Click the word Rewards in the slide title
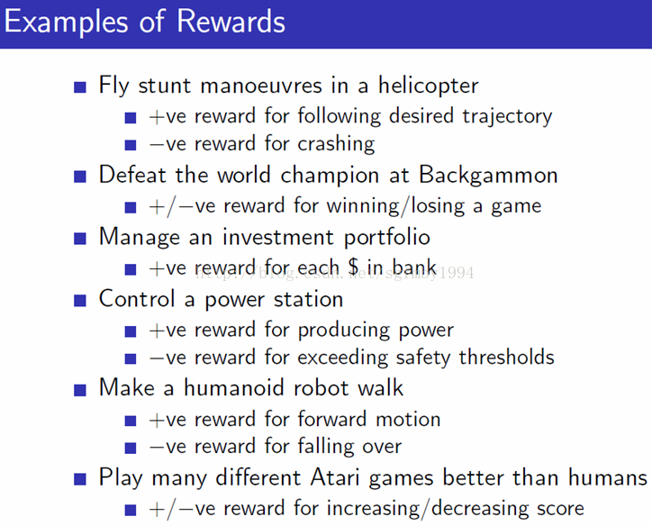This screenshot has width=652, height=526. (231, 21)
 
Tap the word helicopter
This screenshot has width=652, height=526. (429, 86)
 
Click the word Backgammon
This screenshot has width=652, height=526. (488, 176)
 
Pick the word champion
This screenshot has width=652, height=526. (330, 176)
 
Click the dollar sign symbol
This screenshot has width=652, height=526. (353, 268)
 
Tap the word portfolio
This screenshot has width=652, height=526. (387, 238)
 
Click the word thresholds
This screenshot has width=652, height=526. (506, 358)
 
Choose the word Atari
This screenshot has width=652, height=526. (335, 477)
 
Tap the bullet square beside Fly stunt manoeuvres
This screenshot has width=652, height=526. (80, 87)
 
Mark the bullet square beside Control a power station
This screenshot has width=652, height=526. (80, 301)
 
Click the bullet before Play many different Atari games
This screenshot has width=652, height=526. (80, 479)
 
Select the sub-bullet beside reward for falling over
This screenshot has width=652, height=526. (131, 448)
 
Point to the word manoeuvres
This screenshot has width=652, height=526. (261, 86)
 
